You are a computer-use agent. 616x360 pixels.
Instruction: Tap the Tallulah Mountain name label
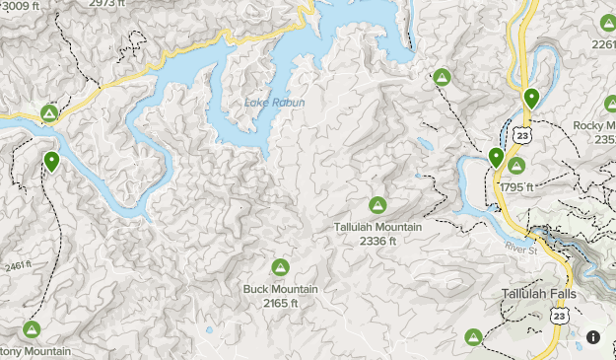(376, 227)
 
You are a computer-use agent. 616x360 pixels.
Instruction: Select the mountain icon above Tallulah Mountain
(376, 205)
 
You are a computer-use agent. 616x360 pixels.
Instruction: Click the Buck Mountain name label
(280, 289)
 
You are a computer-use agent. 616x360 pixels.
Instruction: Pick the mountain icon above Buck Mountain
(280, 267)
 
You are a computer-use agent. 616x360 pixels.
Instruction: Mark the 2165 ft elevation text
(280, 303)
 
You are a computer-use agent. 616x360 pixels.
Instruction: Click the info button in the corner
(593, 337)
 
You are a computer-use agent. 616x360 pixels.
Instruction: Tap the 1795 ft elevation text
(515, 187)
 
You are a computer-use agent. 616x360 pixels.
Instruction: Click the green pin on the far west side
(51, 161)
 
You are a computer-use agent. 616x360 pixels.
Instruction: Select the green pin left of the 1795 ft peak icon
(496, 157)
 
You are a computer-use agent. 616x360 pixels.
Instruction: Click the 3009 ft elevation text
(16, 5)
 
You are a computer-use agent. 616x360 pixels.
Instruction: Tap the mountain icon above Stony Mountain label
(32, 329)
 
